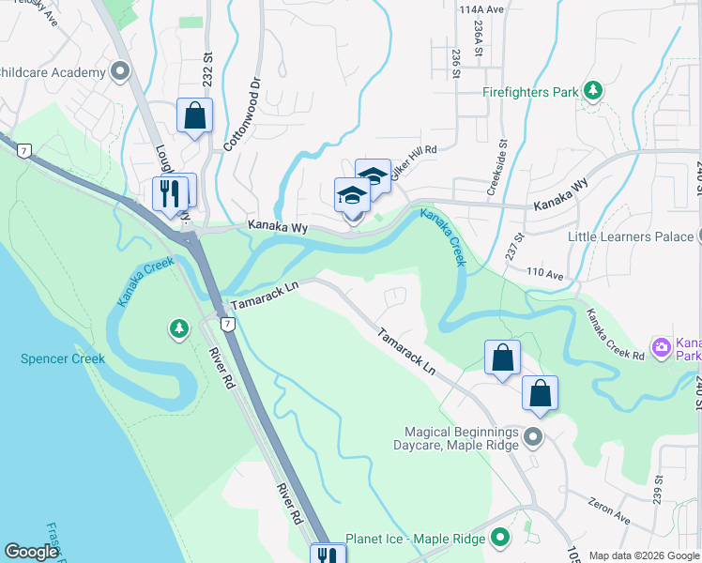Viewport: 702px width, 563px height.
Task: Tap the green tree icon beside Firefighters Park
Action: pyautogui.click(x=592, y=91)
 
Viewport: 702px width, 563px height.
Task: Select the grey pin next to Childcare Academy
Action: pyautogui.click(x=120, y=71)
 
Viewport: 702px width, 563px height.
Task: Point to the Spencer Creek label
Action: pyautogui.click(x=64, y=358)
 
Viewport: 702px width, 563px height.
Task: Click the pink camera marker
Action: pyautogui.click(x=663, y=348)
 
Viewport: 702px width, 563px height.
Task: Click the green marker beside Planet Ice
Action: pyautogui.click(x=500, y=539)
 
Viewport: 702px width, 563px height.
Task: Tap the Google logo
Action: pyautogui.click(x=32, y=552)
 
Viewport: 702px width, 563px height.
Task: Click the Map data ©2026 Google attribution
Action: pyautogui.click(x=644, y=555)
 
